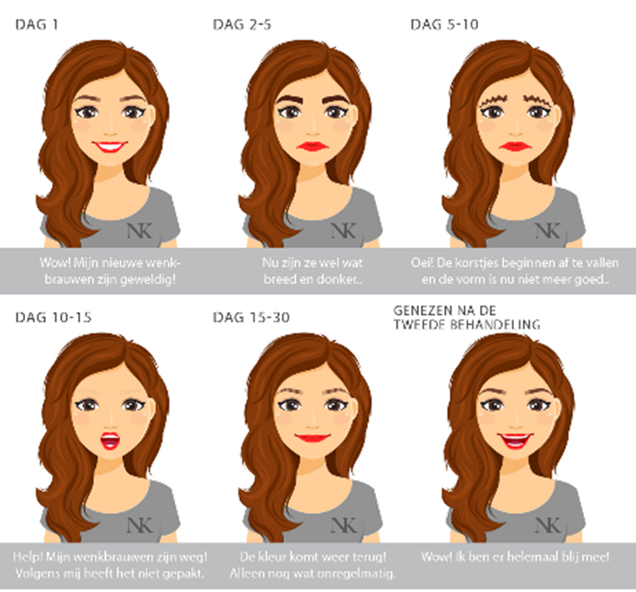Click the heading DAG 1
pyautogui.click(x=37, y=25)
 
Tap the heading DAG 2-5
pyautogui.click(x=241, y=25)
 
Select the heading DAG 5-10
pyautogui.click(x=444, y=25)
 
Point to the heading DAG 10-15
pyautogui.click(x=53, y=318)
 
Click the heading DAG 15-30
pyautogui.click(x=251, y=318)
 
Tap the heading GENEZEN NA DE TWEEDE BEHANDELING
pyautogui.click(x=466, y=318)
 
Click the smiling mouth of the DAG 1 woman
pyautogui.click(x=110, y=146)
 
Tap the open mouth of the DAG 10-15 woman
pyautogui.click(x=110, y=440)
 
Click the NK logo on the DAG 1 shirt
pyautogui.click(x=140, y=231)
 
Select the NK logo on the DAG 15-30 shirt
pyautogui.click(x=344, y=526)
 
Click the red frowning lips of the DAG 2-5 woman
pyautogui.click(x=313, y=146)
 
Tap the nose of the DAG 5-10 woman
pyautogui.click(x=516, y=132)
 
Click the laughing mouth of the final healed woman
pyautogui.click(x=516, y=440)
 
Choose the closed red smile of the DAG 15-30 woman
pyautogui.click(x=313, y=438)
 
